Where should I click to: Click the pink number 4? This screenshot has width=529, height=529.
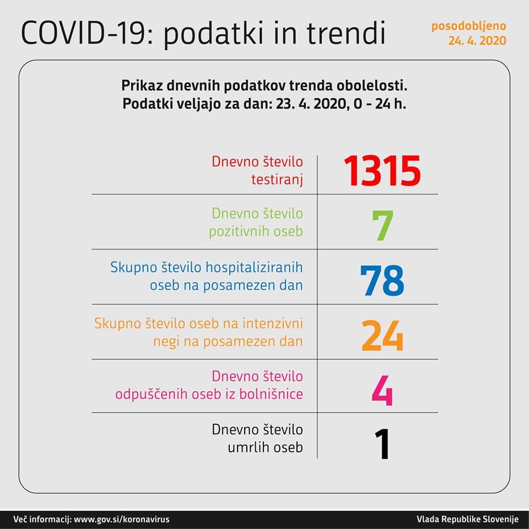coord(382,390)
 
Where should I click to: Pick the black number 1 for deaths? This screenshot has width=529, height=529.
coord(381,444)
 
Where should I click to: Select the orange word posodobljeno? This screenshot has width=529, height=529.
coord(468,26)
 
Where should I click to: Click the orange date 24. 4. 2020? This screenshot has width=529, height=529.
coord(477,41)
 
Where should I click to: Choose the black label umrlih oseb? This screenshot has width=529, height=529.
coord(265,448)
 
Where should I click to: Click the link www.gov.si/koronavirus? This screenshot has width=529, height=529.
coord(121,519)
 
